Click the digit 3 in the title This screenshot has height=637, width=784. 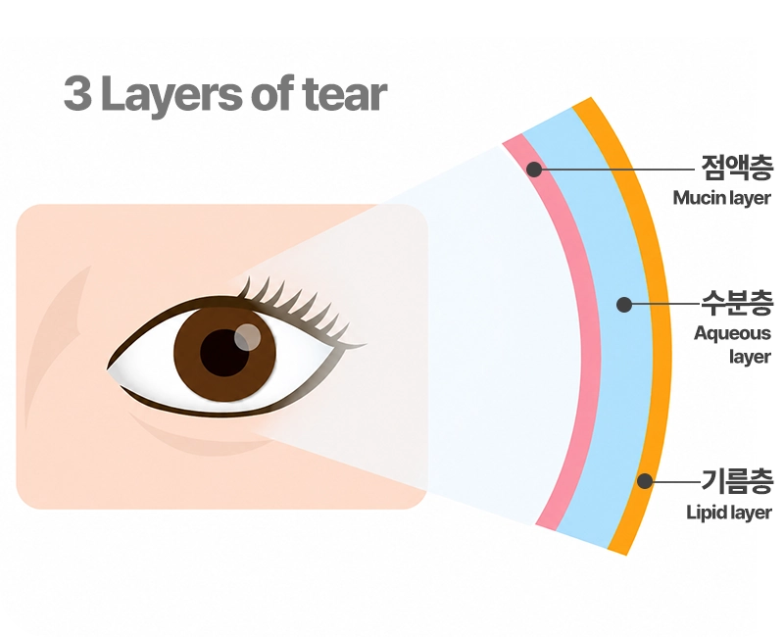78,93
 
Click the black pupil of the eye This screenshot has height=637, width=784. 224,353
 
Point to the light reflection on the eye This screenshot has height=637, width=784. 247,337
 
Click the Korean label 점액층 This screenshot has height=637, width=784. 737,168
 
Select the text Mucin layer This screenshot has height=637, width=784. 721,198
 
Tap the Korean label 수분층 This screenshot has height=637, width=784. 737,303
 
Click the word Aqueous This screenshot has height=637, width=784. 732,334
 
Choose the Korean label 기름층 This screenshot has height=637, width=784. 737,480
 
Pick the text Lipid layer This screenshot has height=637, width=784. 728,513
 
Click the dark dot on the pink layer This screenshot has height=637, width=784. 534,169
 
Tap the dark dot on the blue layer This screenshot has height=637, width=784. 623,304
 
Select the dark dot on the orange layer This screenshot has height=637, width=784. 645,481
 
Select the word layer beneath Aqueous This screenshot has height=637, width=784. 750,357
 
